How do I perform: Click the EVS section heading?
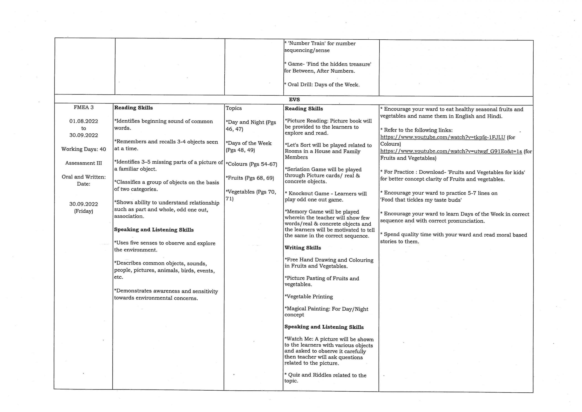point(294,99)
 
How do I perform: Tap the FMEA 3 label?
point(83,107)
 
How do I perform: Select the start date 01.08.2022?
point(83,121)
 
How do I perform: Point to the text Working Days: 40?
point(83,149)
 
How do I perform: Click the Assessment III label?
point(83,163)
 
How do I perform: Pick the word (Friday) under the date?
point(83,211)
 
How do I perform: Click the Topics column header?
point(233,108)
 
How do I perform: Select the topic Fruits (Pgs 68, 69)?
point(250,178)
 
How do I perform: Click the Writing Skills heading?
point(303,248)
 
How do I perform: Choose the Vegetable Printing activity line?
point(309,297)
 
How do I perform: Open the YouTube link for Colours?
point(443,137)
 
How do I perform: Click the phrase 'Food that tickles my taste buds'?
point(421,200)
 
